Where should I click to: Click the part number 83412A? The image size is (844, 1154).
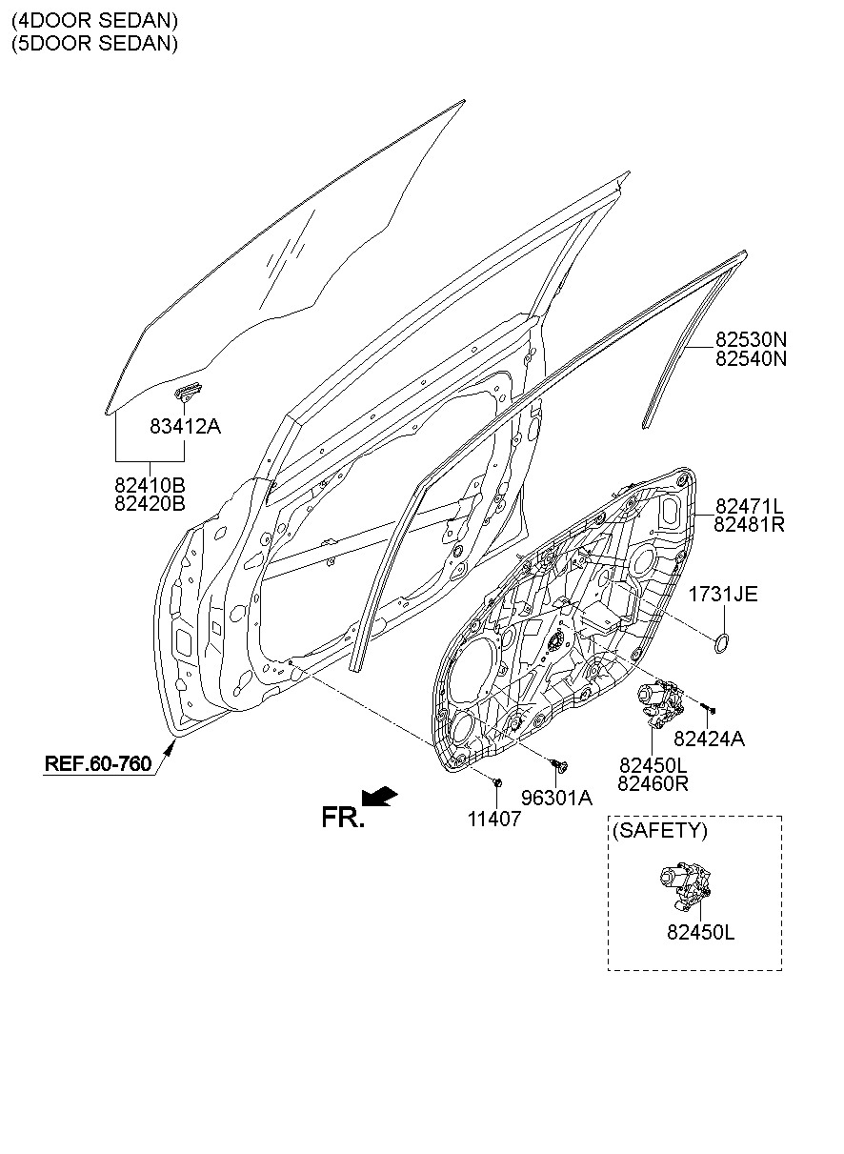coord(185,426)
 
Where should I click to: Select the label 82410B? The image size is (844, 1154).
coord(150,485)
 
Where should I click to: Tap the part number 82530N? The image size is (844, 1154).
coord(751,339)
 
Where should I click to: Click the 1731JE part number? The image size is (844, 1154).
coord(723,594)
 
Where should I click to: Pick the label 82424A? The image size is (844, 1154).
coord(709,739)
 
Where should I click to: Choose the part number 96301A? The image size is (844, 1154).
coord(556,798)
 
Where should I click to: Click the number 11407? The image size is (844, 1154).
coord(494,819)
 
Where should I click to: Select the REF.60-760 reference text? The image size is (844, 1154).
coord(98,763)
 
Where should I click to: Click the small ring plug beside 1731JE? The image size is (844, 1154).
coord(722,644)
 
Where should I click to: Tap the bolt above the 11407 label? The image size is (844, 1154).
coord(497,783)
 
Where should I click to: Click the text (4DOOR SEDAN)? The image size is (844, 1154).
coord(95,20)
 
